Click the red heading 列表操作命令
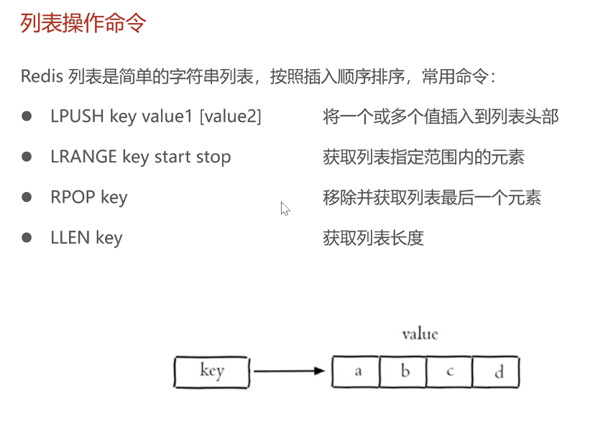pyautogui.click(x=83, y=23)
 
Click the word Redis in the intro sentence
pyautogui.click(x=42, y=77)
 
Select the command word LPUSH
pyautogui.click(x=78, y=116)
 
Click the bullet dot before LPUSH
pyautogui.click(x=27, y=116)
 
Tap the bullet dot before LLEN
pyautogui.click(x=27, y=237)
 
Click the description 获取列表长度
pyautogui.click(x=373, y=237)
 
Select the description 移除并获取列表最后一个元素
pyautogui.click(x=432, y=197)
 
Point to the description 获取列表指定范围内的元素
pyautogui.click(x=423, y=157)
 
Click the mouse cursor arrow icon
pyautogui.click(x=285, y=208)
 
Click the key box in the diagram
pyautogui.click(x=211, y=372)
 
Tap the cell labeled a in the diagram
pyautogui.click(x=356, y=372)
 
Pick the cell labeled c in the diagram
pyautogui.click(x=449, y=372)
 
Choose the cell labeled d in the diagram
pyautogui.click(x=497, y=372)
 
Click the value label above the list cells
pyautogui.click(x=420, y=334)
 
